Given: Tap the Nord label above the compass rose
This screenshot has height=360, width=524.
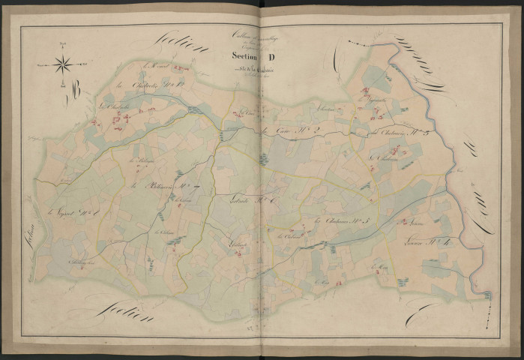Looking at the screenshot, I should coord(64,47).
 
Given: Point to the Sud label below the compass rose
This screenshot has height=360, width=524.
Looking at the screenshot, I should coord(64,85).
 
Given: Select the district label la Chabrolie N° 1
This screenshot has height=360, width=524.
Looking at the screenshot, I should coord(146,93).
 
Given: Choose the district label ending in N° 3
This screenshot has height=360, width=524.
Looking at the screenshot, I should coord(397,133).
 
